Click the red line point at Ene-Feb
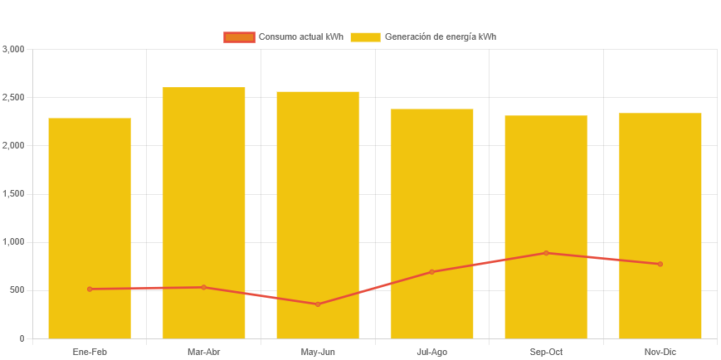coord(90,289)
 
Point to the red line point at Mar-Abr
coord(204,287)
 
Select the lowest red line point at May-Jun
coord(318,304)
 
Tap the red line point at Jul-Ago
coord(432,272)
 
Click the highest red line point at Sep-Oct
coord(546,253)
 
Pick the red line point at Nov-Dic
coord(660,264)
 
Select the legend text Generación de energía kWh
coord(441,37)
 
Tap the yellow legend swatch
coord(365,37)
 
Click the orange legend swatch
coord(239,37)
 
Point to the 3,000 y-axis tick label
coord(14,49)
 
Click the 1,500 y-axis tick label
coord(14,193)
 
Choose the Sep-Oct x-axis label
coord(546,353)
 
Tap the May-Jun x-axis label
coord(318,353)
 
